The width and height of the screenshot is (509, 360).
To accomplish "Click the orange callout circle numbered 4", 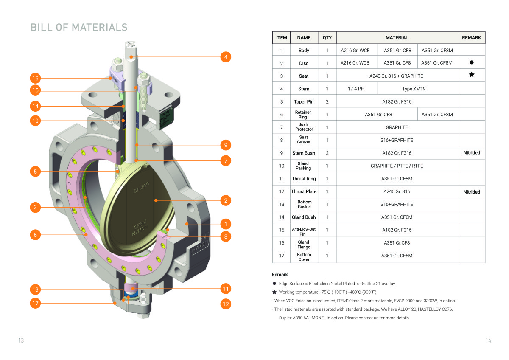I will tap(226, 56).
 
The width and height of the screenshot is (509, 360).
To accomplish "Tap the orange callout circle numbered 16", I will tap(35, 78).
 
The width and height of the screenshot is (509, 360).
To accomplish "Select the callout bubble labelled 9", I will tap(226, 145).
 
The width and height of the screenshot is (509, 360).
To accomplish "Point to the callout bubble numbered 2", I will tap(226, 200).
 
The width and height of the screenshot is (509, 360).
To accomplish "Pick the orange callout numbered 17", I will tap(35, 303).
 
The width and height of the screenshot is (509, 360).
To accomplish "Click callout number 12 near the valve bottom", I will tap(226, 304).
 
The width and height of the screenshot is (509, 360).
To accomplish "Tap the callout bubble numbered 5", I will tap(35, 172).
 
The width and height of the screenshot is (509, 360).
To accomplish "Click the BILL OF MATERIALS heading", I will tap(79, 27).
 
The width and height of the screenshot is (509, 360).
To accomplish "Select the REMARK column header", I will tap(471, 37).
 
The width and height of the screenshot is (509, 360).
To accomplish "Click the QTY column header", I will tap(327, 37).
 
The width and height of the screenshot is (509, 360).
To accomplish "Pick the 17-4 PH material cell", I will tap(356, 89).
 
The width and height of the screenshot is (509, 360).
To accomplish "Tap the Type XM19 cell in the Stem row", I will tap(414, 89).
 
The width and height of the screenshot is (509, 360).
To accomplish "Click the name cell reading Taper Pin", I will tap(304, 101).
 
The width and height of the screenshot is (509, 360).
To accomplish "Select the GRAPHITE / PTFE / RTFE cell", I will tap(397, 166).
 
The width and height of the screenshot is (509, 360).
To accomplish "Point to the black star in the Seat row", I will tap(471, 75).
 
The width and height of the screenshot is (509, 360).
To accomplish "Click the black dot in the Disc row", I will tap(471, 63).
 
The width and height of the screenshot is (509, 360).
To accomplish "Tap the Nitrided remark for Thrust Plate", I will tap(471, 192).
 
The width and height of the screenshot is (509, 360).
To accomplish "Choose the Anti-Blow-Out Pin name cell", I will tap(304, 231).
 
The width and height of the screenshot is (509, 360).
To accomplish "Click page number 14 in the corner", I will tap(488, 340).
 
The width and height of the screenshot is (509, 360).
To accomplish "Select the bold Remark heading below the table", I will tap(280, 275).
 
